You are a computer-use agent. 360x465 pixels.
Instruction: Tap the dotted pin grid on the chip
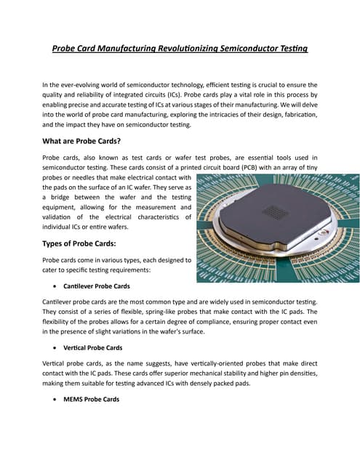point(273,212)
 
